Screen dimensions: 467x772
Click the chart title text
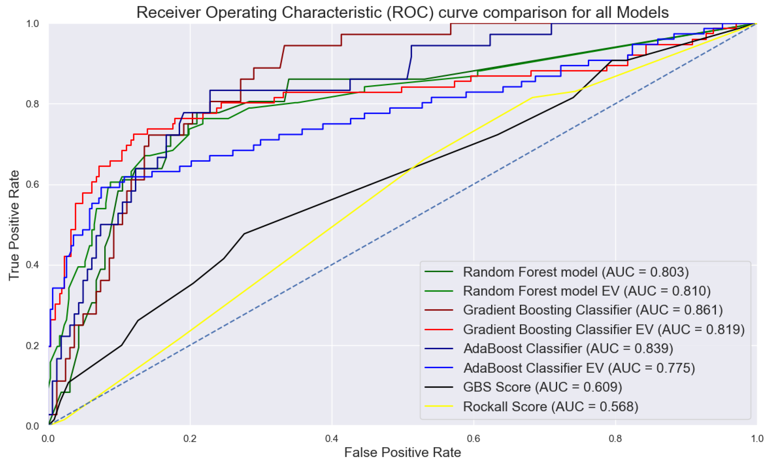[402, 13]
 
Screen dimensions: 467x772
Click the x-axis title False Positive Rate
[402, 452]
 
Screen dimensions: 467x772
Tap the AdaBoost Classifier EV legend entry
[579, 368]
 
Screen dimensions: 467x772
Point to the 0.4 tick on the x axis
[332, 438]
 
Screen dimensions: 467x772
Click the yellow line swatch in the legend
[439, 407]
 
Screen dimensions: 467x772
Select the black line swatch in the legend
[439, 387]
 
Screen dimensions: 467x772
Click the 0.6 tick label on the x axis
[473, 438]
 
